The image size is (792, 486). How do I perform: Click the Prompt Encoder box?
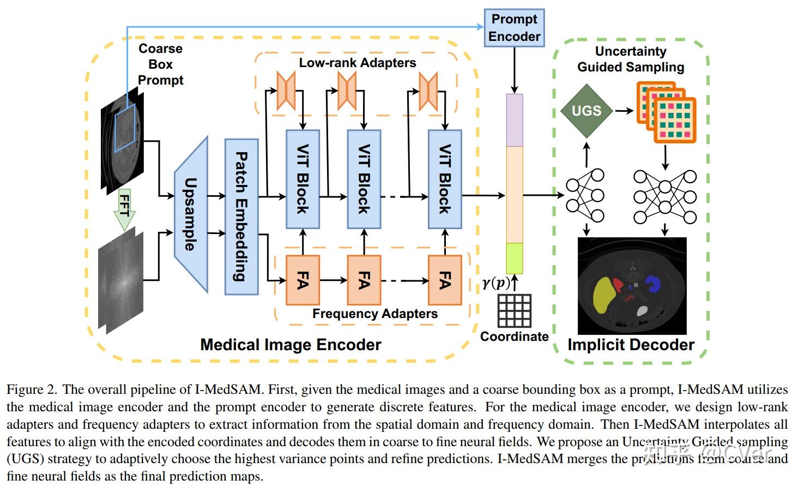point(514,28)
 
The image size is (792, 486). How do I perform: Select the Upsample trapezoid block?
point(191,214)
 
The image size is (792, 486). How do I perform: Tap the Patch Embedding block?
point(241,217)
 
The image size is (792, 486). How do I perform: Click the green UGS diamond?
point(586,111)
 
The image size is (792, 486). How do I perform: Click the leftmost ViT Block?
point(303,179)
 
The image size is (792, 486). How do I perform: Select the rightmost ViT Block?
point(445,179)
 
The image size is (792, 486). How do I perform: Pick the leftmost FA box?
point(303,280)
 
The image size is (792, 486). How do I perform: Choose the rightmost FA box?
point(445,280)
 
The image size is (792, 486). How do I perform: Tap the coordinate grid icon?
point(514,310)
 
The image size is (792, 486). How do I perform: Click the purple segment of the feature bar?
point(515,120)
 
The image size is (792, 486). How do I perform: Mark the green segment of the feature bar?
point(515,258)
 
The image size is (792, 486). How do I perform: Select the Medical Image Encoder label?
point(291,345)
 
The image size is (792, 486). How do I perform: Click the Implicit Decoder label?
point(631,345)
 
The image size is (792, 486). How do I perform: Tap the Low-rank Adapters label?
point(357,63)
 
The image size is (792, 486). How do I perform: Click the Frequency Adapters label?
point(374,314)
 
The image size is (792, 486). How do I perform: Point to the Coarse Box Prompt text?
point(160,64)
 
